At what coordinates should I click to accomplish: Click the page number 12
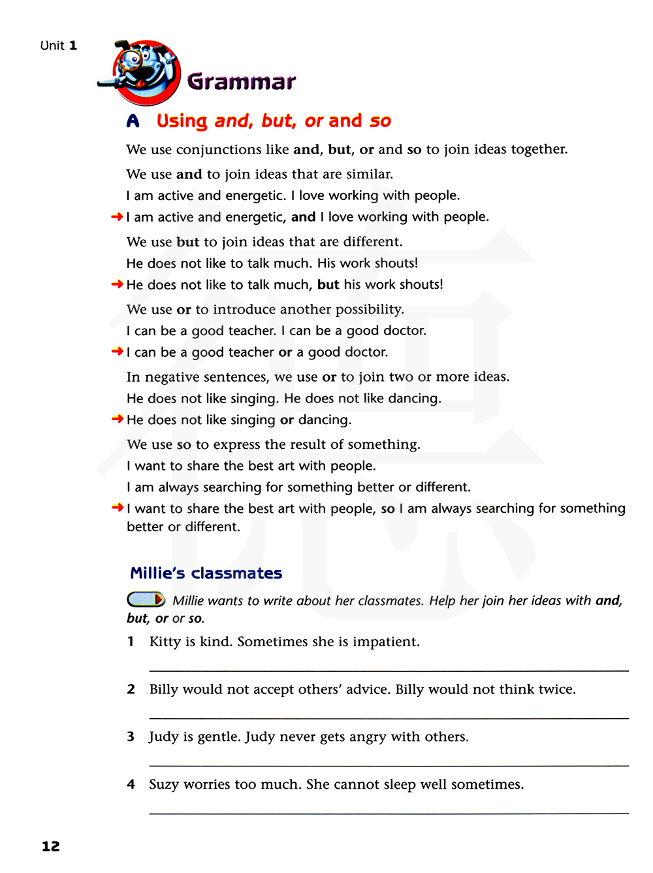click(x=51, y=846)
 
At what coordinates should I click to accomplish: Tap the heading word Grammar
click(x=241, y=82)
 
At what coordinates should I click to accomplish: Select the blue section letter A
click(x=133, y=121)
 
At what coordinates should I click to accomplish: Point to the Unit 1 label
click(x=59, y=46)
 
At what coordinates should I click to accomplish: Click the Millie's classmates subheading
click(x=206, y=573)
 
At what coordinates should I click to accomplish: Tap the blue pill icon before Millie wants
click(x=146, y=599)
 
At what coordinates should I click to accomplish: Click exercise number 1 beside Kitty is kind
click(x=131, y=642)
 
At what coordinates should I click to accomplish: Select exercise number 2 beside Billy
click(x=131, y=689)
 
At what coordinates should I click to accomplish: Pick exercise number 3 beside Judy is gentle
click(x=131, y=736)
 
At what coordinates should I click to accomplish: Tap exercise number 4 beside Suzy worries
click(x=131, y=784)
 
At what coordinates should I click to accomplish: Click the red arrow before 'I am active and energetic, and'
click(x=118, y=217)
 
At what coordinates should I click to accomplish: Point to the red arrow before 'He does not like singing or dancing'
click(x=118, y=419)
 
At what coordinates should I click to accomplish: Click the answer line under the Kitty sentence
click(x=389, y=670)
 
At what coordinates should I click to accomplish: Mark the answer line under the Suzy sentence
click(x=389, y=813)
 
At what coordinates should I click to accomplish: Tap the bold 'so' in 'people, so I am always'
click(x=388, y=508)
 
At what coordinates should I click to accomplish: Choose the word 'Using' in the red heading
click(x=182, y=121)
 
